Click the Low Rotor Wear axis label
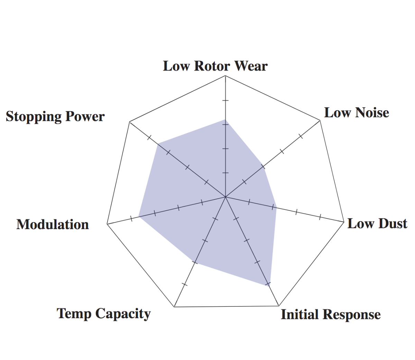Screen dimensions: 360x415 pyautogui.click(x=215, y=66)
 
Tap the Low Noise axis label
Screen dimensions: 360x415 pyautogui.click(x=357, y=113)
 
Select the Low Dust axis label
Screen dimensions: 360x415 pyautogui.click(x=377, y=224)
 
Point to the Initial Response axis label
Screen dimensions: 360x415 pyautogui.click(x=331, y=314)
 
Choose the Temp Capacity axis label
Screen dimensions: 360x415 pyautogui.click(x=104, y=313)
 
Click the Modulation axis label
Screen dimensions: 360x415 pyautogui.click(x=53, y=225)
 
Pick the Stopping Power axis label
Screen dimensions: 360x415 pyautogui.click(x=55, y=116)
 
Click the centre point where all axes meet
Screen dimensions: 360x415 pyautogui.click(x=225, y=197)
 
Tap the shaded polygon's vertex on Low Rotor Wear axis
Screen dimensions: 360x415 pyautogui.click(x=225, y=119)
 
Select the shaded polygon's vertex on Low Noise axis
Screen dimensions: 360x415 pyautogui.click(x=263, y=167)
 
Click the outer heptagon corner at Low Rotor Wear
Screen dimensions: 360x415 pyautogui.click(x=225, y=76)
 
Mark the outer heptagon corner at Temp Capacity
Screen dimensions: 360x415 pyautogui.click(x=174, y=306)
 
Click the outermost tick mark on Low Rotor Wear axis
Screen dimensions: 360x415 pyautogui.click(x=225, y=100)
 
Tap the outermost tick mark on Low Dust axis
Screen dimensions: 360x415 pyautogui.click(x=320, y=217)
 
